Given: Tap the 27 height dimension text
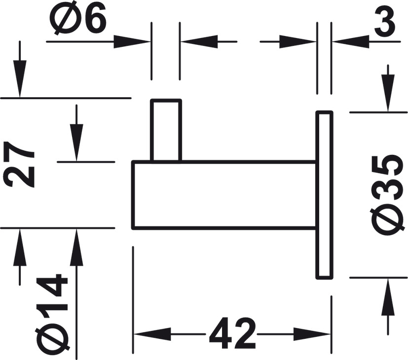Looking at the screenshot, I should tap(22, 165).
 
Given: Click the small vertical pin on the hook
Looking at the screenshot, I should tap(166, 130).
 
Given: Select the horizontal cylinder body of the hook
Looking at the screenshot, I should tap(222, 195).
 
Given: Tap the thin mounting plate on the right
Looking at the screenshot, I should tap(324, 195).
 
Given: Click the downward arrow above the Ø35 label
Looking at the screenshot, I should tap(388, 94).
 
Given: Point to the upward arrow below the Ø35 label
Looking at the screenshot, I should tap(388, 296).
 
